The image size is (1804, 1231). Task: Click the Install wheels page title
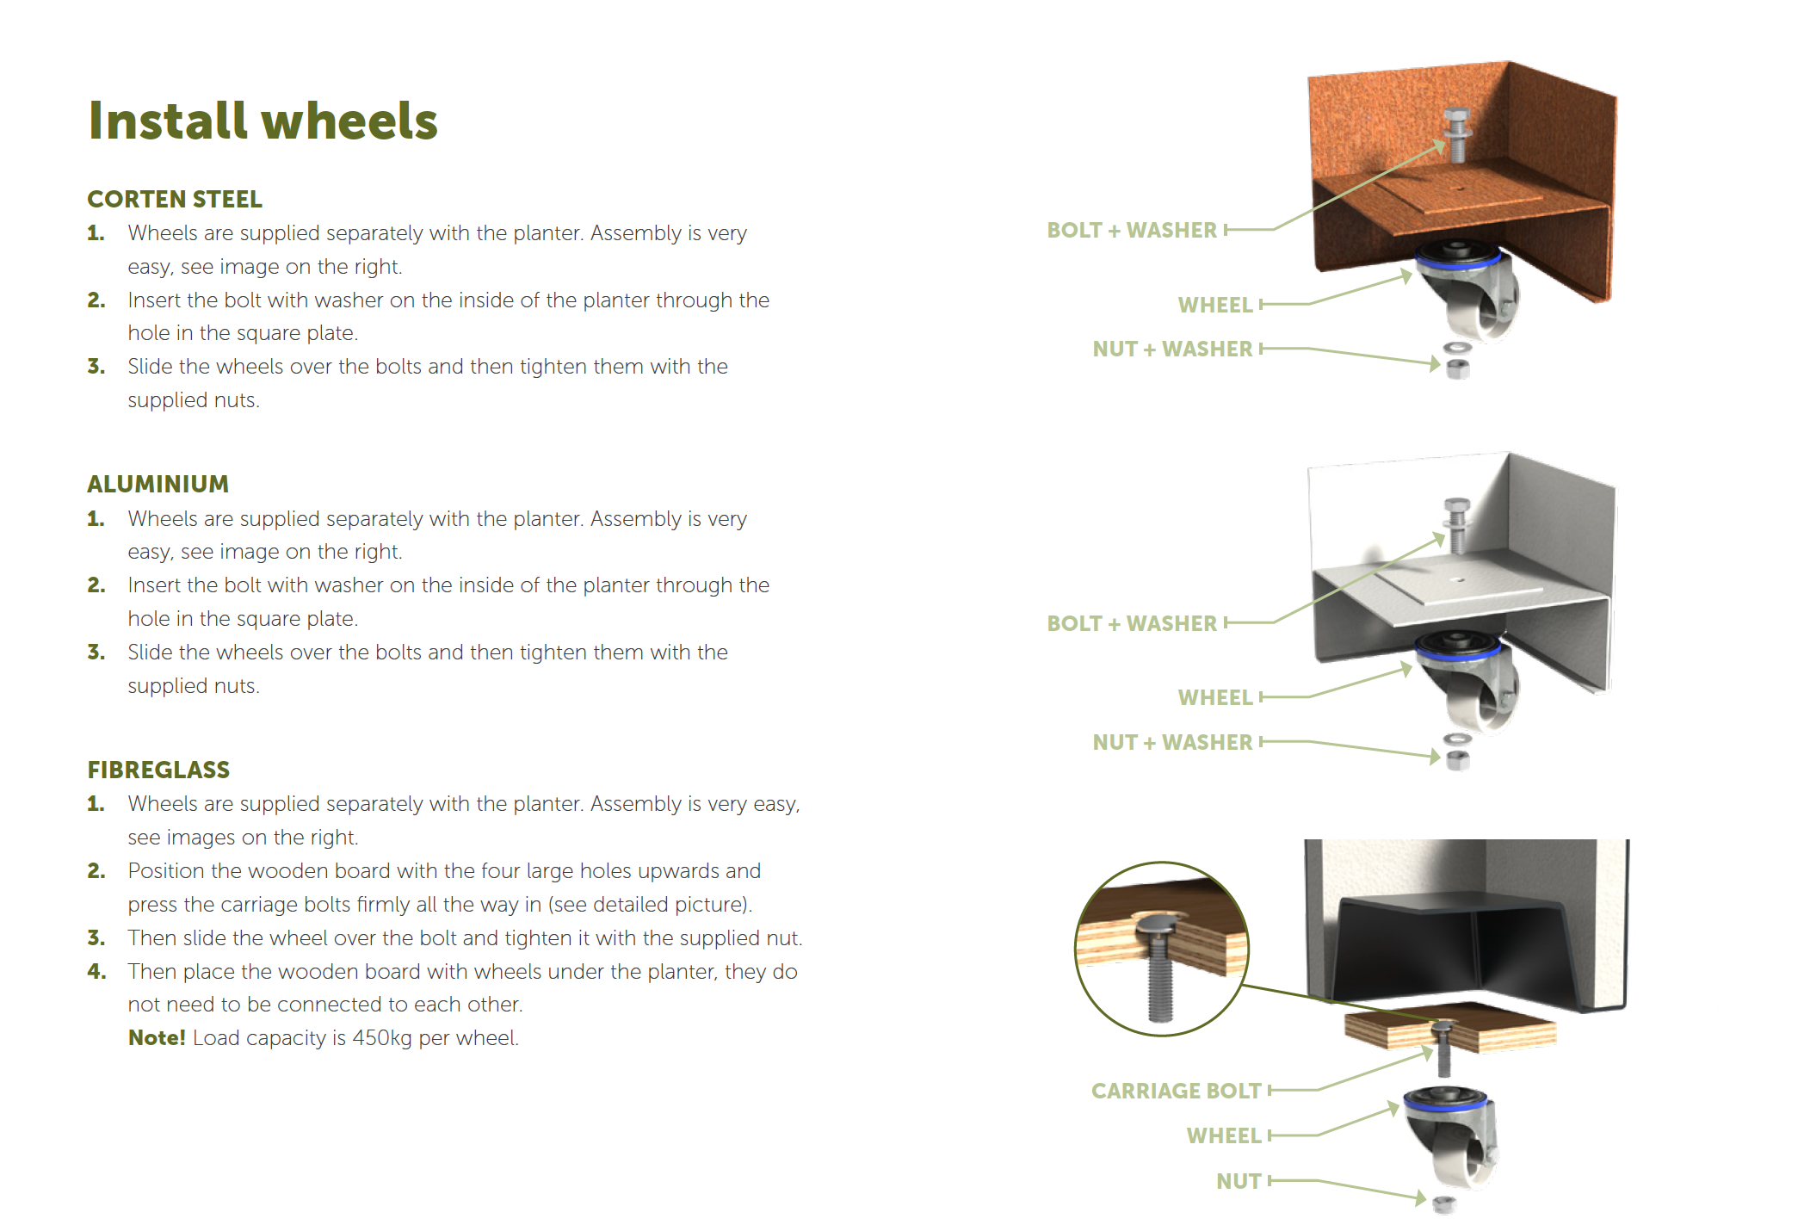tap(263, 121)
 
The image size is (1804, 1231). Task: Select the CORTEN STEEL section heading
tap(175, 199)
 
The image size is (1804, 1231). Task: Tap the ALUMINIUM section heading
tap(158, 484)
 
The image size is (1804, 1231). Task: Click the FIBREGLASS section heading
tap(158, 770)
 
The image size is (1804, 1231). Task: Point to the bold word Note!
tap(156, 1037)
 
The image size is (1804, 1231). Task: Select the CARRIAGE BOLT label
tap(1176, 1091)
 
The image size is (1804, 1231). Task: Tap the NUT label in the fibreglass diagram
tap(1238, 1181)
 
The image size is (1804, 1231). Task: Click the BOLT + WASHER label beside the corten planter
tap(1131, 230)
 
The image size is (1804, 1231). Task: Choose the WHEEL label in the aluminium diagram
tap(1214, 697)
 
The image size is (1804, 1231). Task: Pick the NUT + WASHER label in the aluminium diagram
tap(1171, 742)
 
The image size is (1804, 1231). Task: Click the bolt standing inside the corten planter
tap(1456, 135)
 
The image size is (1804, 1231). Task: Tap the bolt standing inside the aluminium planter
tap(1456, 525)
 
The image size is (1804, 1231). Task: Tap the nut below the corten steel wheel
tap(1458, 370)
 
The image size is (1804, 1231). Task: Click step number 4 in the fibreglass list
tap(96, 971)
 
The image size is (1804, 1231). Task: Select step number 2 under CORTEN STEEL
tap(96, 300)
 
